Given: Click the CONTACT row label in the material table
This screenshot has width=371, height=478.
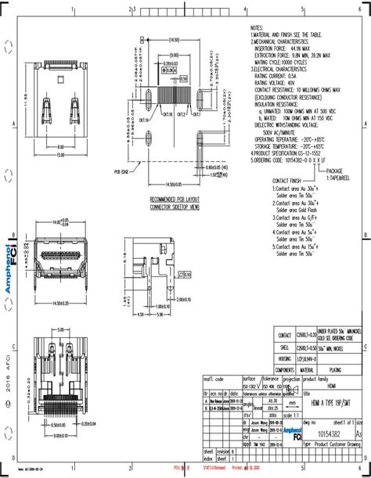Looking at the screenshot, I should (285, 334).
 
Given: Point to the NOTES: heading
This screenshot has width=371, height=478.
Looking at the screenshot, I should (258, 27).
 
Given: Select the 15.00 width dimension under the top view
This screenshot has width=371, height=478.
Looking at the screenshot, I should (60, 153).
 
